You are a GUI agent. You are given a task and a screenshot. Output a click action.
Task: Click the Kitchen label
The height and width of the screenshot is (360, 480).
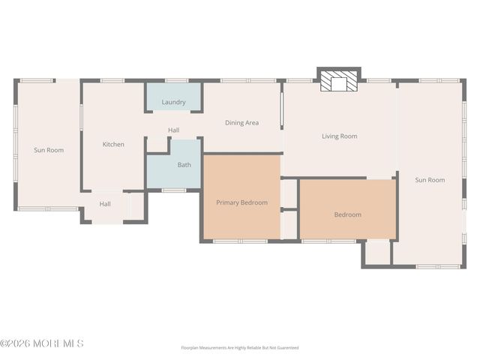113,144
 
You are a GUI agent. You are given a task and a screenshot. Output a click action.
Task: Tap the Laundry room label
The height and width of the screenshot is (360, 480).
173,102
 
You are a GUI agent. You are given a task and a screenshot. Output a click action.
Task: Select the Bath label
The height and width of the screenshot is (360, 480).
184,165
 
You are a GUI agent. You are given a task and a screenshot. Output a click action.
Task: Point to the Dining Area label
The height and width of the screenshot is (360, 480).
241,122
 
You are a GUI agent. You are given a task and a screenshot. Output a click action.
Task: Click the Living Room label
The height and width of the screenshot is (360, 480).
339,136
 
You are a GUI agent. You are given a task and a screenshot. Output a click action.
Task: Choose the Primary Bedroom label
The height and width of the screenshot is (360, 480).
241,202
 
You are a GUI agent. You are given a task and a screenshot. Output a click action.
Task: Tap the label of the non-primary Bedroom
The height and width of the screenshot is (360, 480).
347,214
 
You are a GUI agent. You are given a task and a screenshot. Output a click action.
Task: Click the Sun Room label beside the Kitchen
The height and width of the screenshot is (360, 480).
49,150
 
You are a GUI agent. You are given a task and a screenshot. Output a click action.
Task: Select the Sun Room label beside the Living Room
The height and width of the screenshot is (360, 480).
430,180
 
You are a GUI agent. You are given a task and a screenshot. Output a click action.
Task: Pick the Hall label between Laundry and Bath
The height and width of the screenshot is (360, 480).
173,130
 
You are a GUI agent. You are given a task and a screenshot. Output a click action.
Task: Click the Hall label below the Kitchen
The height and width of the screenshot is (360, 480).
105,203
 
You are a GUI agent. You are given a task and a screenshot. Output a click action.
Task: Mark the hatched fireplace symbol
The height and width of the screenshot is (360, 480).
339,82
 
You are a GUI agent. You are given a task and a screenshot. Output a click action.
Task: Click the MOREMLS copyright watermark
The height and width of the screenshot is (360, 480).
42,343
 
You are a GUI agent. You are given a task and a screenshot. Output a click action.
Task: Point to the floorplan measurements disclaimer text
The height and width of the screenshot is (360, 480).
239,348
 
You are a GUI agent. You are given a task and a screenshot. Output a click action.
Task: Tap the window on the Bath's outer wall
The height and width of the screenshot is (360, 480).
174,190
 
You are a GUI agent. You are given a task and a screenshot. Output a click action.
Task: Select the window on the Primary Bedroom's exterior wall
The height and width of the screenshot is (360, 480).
240,241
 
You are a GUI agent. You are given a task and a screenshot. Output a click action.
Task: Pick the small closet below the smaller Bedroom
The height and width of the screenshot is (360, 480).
377,253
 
